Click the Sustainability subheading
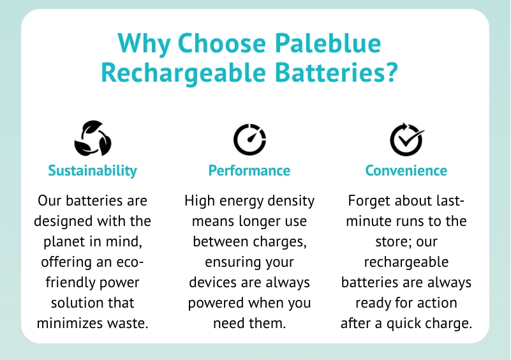(x=93, y=170)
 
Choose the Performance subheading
(x=249, y=170)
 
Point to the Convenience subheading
(x=406, y=170)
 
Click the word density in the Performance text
(x=288, y=201)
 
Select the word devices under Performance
(x=214, y=282)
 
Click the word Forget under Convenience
(x=368, y=201)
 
